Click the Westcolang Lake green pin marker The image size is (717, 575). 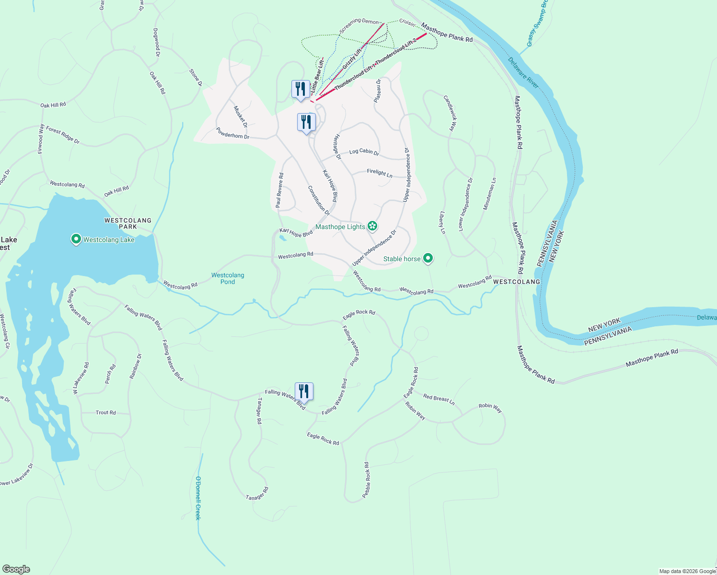[76, 239]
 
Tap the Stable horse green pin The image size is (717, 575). [428, 258]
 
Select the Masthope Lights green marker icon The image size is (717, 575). [372, 226]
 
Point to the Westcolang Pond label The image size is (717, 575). [228, 278]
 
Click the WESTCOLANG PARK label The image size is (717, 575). [128, 223]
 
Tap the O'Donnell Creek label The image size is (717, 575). [197, 498]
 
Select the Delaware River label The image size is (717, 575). [523, 73]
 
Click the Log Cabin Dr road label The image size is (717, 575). [364, 152]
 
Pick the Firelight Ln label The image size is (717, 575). [380, 173]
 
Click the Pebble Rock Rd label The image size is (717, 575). [367, 480]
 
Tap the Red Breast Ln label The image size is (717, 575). [439, 399]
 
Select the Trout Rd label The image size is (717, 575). [105, 413]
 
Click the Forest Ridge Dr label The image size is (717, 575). [63, 136]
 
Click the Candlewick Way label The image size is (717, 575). [450, 113]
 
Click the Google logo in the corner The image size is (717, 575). [16, 569]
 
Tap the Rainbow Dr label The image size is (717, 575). [136, 366]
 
